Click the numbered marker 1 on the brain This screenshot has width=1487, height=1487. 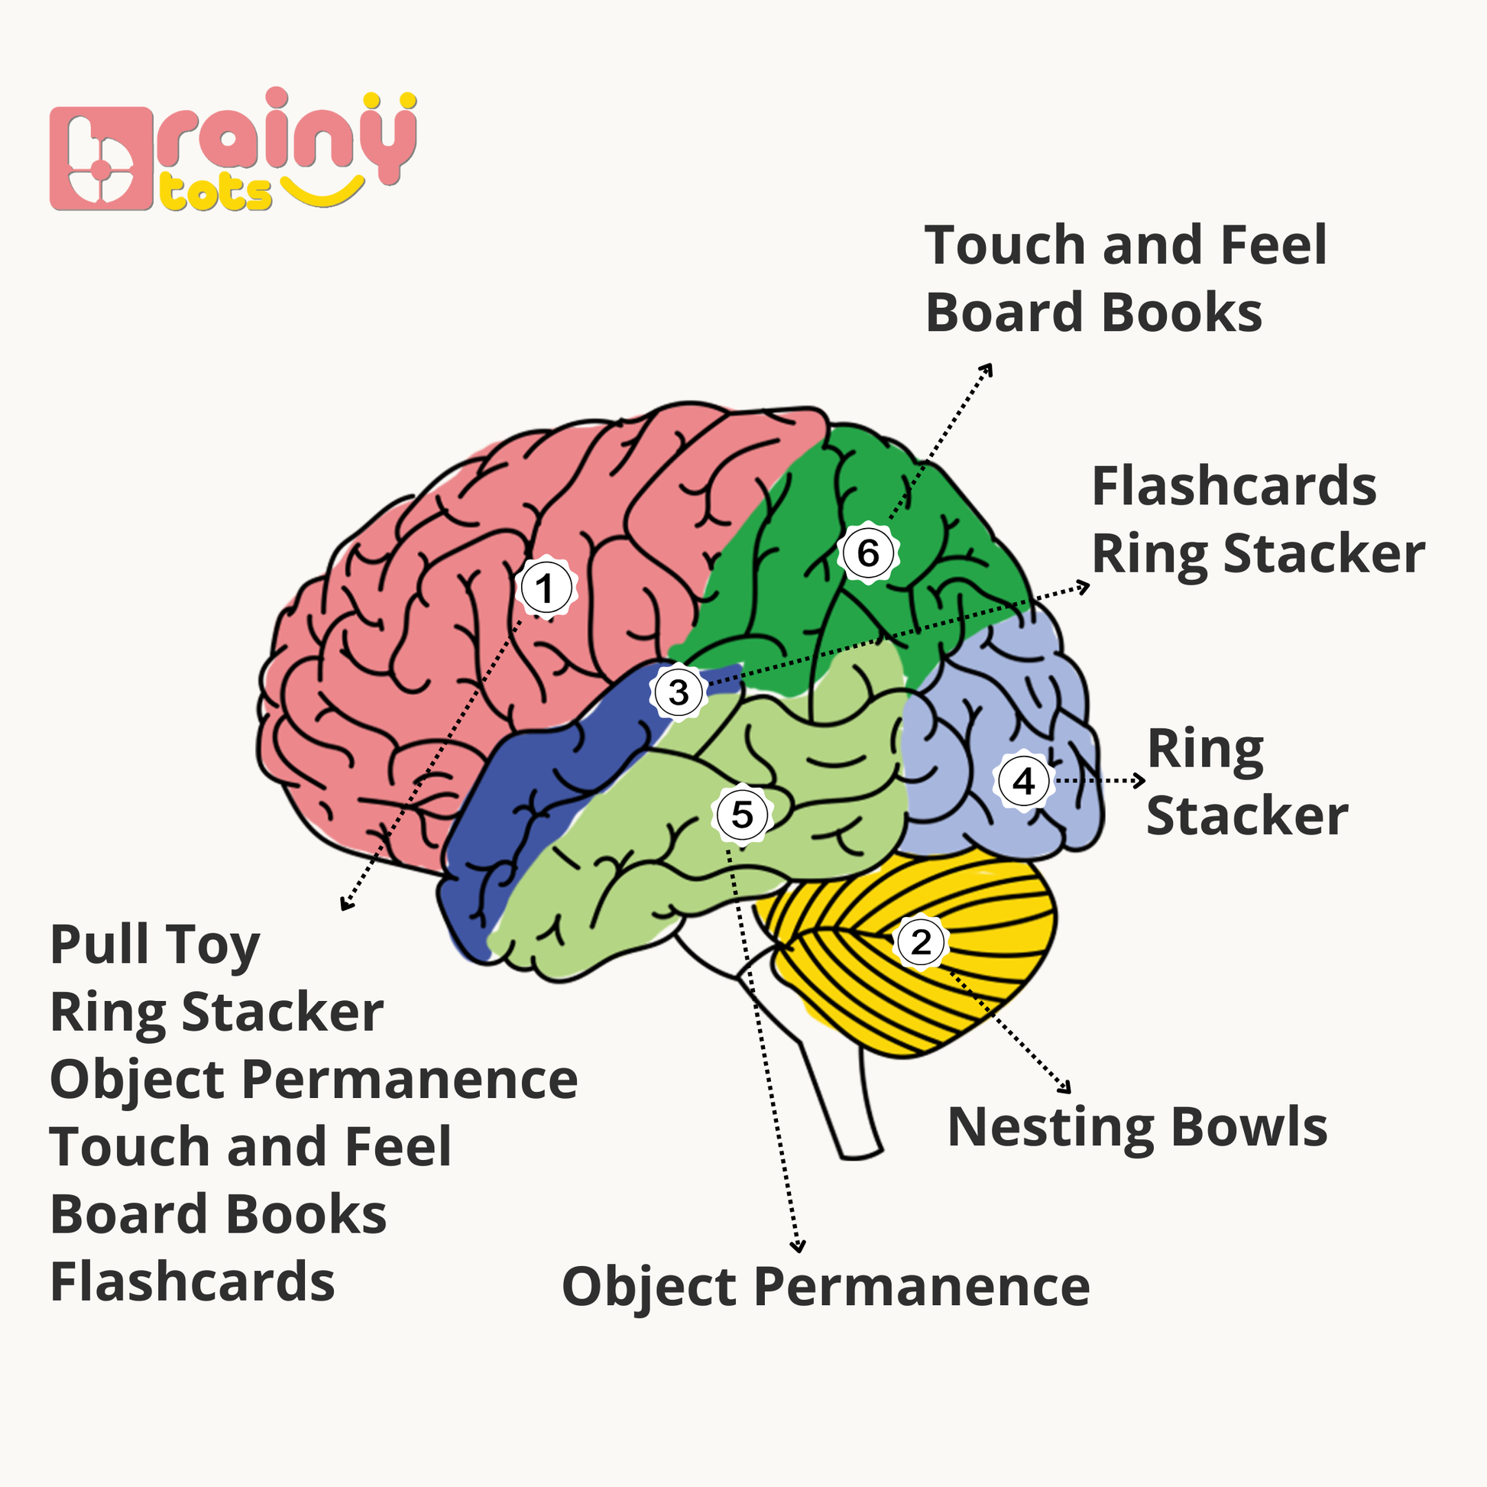546,589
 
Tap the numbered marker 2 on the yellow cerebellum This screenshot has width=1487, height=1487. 921,941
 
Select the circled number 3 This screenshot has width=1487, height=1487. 678,692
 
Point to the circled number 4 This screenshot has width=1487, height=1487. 1023,781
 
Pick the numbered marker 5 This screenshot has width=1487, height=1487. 742,815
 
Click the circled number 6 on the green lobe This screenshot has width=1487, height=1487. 867,552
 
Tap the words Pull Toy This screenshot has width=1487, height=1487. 154,945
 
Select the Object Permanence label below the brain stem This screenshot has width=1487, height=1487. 825,1287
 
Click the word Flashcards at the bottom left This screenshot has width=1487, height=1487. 193,1282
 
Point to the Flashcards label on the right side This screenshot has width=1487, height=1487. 1234,487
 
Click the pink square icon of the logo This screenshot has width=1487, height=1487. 100,158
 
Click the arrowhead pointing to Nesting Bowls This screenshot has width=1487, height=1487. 1067,1088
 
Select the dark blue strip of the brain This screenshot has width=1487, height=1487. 539,785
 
